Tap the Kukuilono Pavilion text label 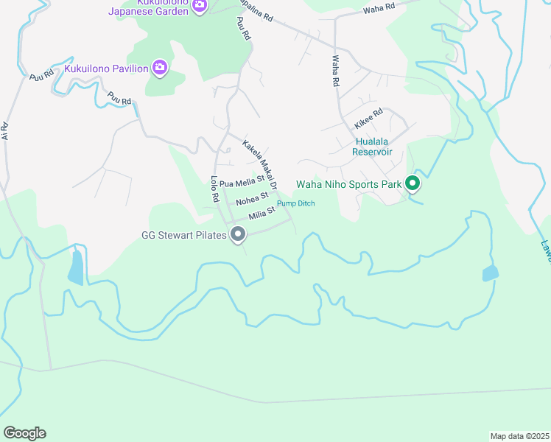(107, 69)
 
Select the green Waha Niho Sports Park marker (413, 183)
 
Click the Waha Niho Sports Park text (349, 184)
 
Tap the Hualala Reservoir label (371, 147)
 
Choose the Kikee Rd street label (368, 116)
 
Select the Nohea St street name (252, 200)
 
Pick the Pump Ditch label (295, 203)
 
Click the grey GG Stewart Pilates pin (238, 235)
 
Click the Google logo (24, 433)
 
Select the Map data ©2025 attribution (519, 436)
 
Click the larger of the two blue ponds (76, 268)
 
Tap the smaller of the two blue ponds (491, 274)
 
